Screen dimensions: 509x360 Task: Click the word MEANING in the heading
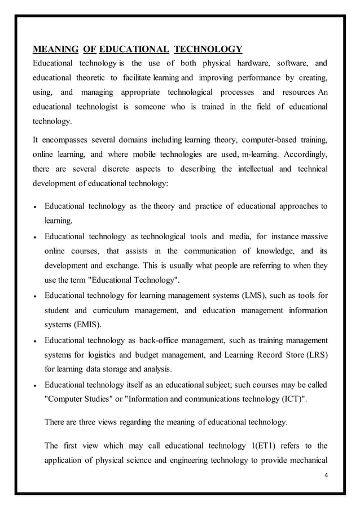click(55, 49)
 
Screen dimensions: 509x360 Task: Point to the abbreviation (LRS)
click(315, 354)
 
